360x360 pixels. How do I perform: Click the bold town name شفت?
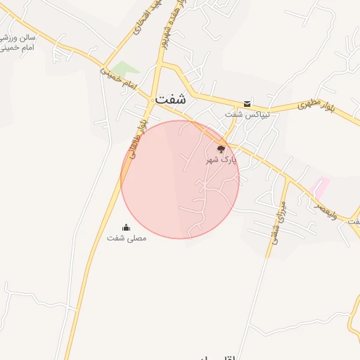click(x=172, y=99)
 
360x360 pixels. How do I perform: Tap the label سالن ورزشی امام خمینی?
click(x=20, y=43)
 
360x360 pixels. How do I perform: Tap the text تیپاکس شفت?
click(x=242, y=114)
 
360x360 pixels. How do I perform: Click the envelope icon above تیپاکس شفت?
click(x=247, y=103)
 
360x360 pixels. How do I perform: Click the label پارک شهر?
click(x=221, y=160)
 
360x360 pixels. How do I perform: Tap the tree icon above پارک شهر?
click(x=221, y=149)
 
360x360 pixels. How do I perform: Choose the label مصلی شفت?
click(x=127, y=238)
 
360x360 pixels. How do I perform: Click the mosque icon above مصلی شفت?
click(x=127, y=227)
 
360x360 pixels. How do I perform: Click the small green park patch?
click(x=124, y=69)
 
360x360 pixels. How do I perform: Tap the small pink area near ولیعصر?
click(x=321, y=187)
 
